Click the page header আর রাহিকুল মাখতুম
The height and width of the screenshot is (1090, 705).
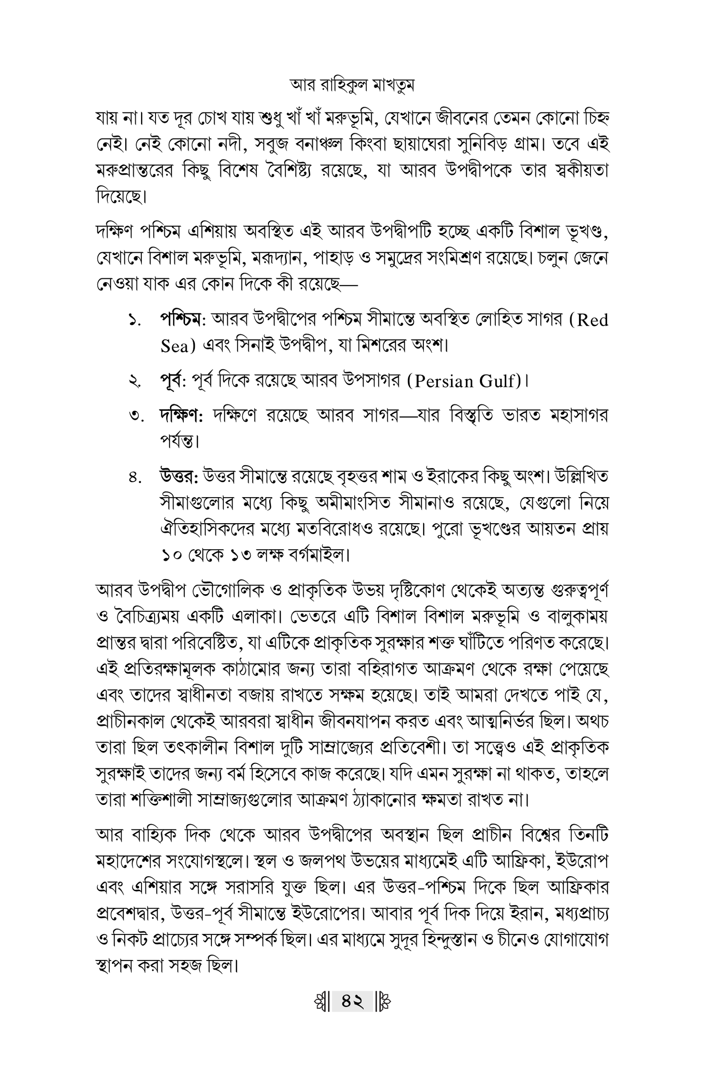pyautogui.click(x=352, y=86)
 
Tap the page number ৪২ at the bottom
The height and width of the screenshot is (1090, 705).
pyautogui.click(x=352, y=1002)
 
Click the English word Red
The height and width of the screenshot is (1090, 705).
pyautogui.click(x=592, y=320)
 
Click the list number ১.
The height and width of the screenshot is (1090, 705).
pyautogui.click(x=134, y=320)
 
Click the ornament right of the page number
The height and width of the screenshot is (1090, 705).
pyautogui.click(x=384, y=1002)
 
